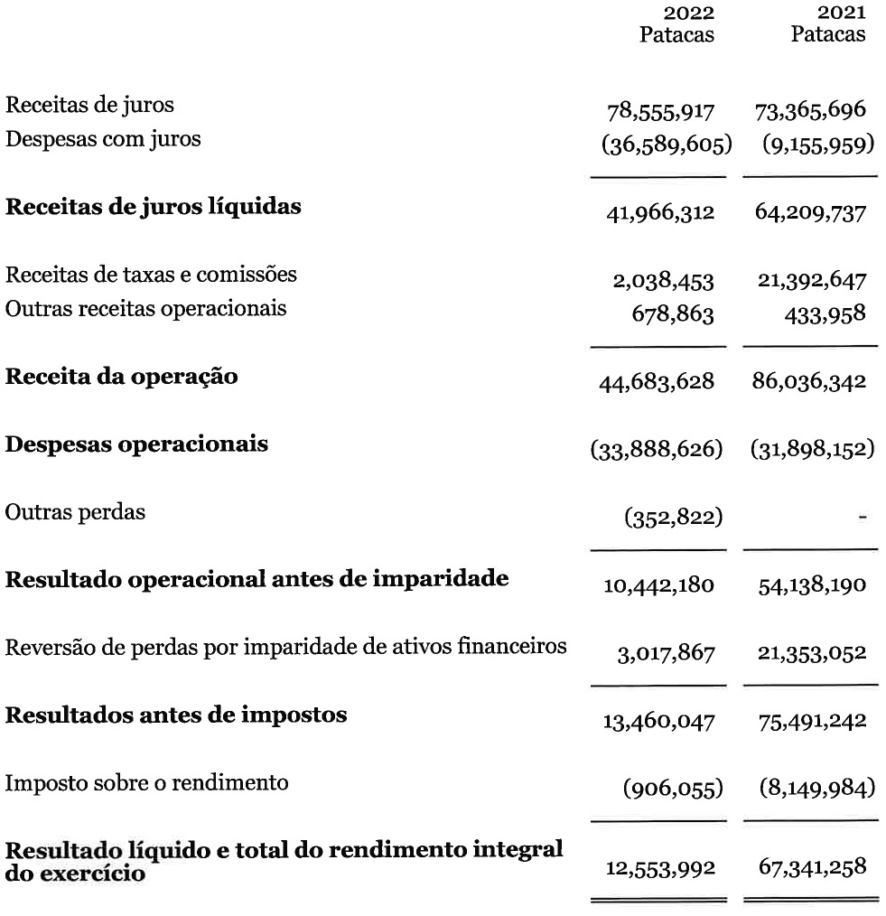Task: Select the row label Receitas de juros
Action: (90, 105)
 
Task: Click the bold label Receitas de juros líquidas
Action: (154, 206)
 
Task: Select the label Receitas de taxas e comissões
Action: (152, 273)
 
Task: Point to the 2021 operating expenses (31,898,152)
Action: (812, 449)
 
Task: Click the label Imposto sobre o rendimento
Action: (147, 782)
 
